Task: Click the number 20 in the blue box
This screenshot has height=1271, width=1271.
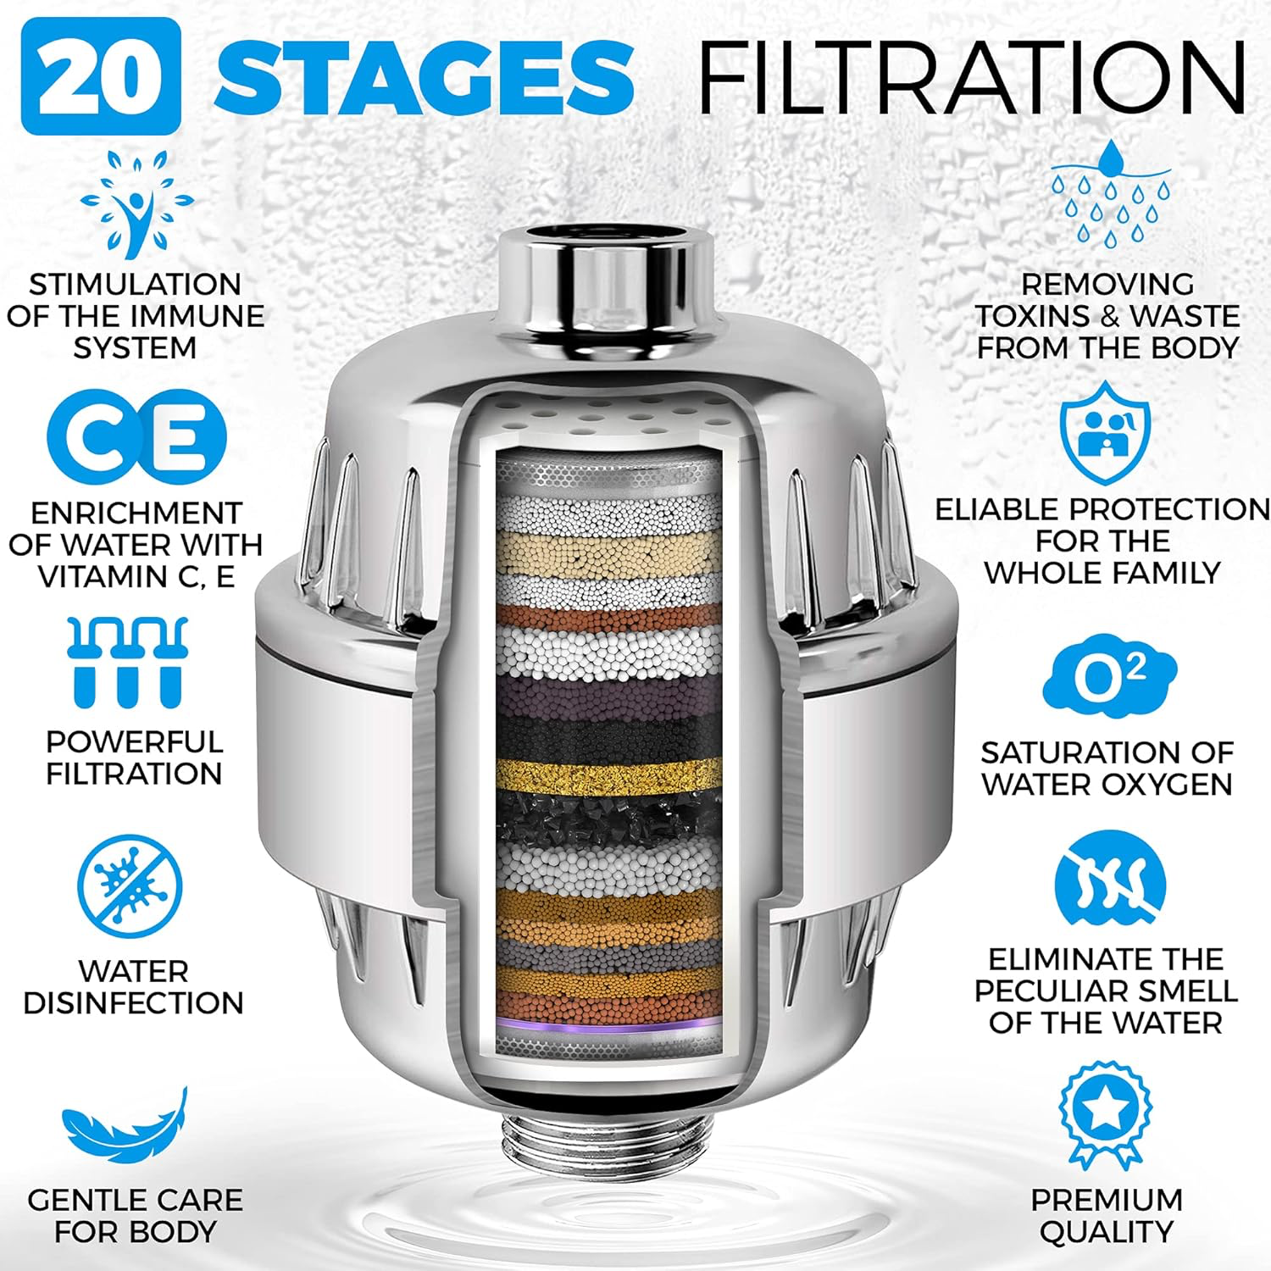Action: (101, 76)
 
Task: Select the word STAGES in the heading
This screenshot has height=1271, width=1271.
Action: (424, 76)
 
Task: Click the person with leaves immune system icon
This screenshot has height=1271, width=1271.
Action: (136, 203)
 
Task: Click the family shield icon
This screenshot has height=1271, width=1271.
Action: (1107, 431)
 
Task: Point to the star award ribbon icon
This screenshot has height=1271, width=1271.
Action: (1106, 1114)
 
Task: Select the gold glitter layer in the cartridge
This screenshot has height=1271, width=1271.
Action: (608, 774)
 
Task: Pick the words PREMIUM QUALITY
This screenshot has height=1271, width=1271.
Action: (1106, 1215)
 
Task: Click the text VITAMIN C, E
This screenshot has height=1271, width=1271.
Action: (136, 576)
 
